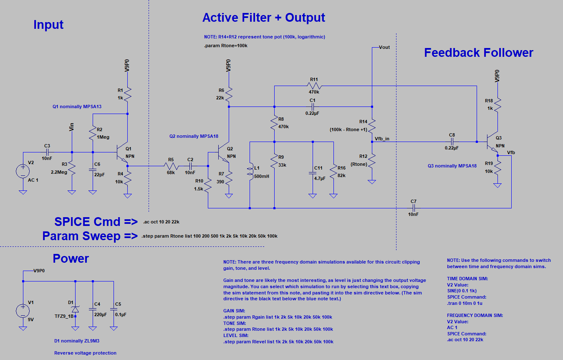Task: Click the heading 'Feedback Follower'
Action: coord(478,53)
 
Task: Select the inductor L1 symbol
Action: coord(250,172)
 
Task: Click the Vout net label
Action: coord(384,47)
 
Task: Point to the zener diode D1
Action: coord(75,309)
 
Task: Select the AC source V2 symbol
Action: coord(23,171)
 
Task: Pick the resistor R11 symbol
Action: coord(314,86)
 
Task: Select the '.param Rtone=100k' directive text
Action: coord(226,46)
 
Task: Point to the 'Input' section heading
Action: coord(48,25)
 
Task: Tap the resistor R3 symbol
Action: coord(72,169)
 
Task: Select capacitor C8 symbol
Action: coord(452,142)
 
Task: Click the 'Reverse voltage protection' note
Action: coord(85,353)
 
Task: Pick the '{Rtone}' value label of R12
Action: coord(359,164)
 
